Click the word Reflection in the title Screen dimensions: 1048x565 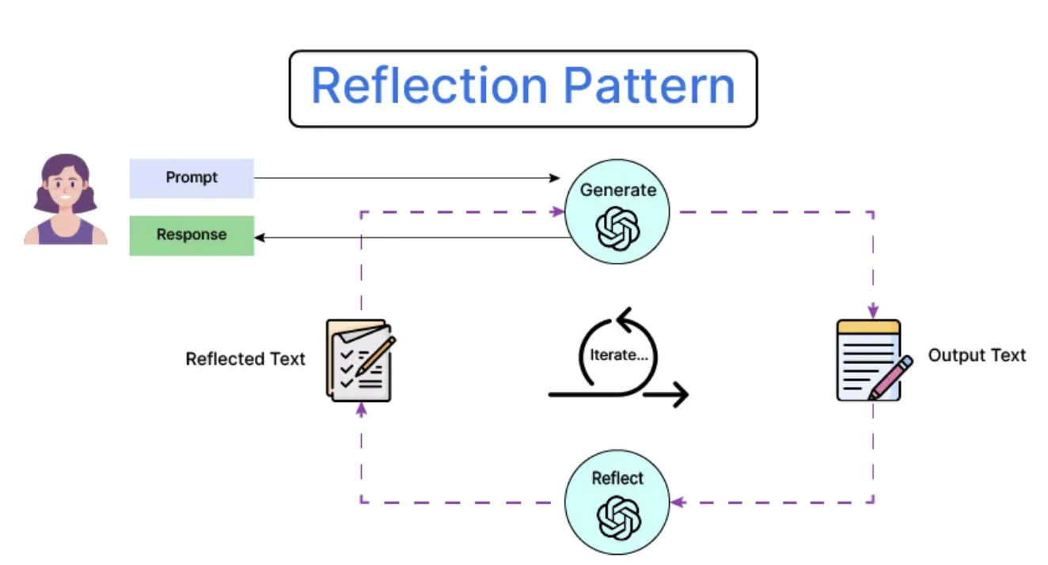point(429,85)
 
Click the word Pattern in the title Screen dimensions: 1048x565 point(649,85)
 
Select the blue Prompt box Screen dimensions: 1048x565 point(192,178)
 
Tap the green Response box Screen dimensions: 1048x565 point(192,235)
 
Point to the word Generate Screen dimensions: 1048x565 point(618,190)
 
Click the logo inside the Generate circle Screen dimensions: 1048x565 point(617,229)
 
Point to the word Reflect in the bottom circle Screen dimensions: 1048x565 point(617,478)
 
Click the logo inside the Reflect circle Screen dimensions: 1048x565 point(618,518)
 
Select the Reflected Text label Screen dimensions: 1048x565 point(245,358)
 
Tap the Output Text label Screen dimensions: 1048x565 point(977,355)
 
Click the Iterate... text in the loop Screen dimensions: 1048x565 point(619,355)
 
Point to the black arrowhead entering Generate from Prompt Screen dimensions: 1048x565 point(555,178)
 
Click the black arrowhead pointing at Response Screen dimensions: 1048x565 point(260,237)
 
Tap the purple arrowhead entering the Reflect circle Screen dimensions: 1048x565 point(678,502)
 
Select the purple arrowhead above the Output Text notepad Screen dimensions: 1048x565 point(873,311)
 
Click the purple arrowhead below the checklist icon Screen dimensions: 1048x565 point(361,410)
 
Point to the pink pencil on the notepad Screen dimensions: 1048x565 point(890,378)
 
